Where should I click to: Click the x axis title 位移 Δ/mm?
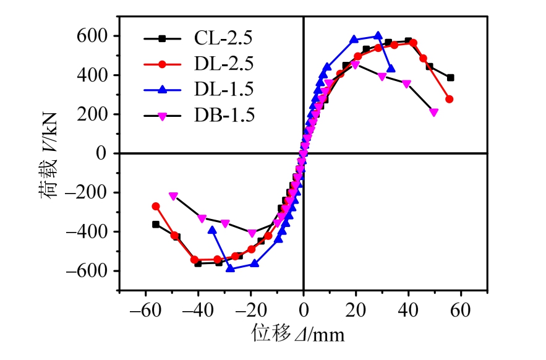click(297, 335)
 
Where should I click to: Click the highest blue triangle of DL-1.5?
click(378, 36)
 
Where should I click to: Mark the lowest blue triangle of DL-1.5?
click(230, 268)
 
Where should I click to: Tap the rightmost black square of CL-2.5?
click(450, 78)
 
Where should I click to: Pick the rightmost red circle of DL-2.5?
click(449, 99)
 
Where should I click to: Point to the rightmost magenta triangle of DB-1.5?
click(433, 113)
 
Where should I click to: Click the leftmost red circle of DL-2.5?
click(156, 207)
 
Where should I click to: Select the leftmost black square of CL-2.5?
click(156, 225)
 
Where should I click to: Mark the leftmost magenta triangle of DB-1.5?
click(173, 196)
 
